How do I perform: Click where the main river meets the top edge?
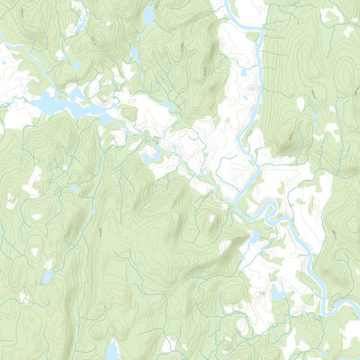[236, 4]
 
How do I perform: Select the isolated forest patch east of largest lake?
[129, 113]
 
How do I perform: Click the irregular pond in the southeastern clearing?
[278, 292]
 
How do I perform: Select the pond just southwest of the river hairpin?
[255, 237]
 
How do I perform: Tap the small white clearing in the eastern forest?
[331, 135]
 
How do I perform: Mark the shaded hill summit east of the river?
[290, 135]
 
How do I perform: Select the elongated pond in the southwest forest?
[47, 275]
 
